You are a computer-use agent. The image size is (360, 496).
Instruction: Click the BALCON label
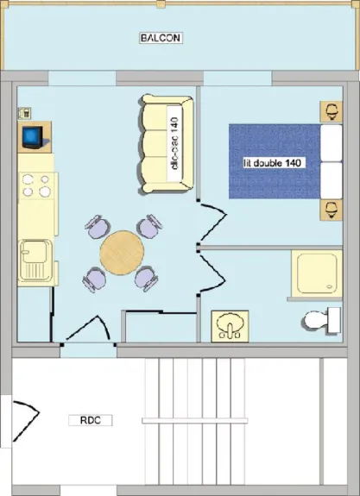coord(161,38)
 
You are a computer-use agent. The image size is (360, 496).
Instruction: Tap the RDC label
coord(91,420)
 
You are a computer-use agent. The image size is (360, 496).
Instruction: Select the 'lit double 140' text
coord(272,163)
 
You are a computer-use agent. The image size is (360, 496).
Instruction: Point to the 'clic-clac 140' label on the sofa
coord(174,143)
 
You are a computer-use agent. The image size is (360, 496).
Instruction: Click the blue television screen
coord(32,135)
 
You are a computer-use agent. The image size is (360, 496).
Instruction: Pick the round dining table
coord(122,253)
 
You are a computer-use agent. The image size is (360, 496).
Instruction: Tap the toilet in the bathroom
coord(321,320)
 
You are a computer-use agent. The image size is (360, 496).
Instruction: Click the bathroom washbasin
coord(230,326)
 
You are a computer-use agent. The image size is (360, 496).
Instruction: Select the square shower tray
coord(317,273)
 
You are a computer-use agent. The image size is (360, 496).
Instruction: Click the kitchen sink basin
coord(35,261)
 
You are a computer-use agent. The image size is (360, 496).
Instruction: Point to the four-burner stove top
coord(37,185)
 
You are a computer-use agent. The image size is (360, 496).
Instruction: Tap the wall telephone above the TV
coord(25,113)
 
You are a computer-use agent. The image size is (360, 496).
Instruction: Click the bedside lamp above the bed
coord(332,111)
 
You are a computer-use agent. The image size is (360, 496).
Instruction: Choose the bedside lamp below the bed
coord(332,210)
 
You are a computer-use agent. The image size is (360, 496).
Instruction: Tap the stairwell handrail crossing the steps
coord(195,421)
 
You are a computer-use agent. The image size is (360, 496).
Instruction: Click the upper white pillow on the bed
coord(332,143)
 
